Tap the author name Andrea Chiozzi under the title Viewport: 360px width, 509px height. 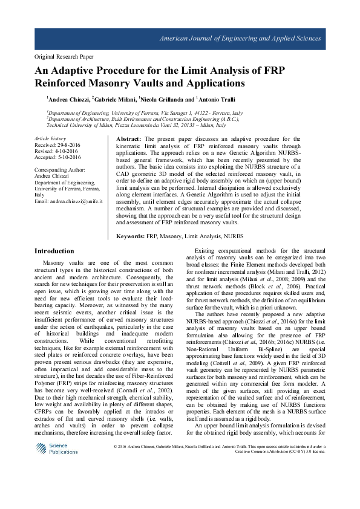coord(68,99)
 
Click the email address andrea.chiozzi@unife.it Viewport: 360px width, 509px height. coord(75,200)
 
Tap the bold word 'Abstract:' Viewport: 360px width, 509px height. coord(128,139)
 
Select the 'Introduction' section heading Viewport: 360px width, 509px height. coord(54,250)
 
